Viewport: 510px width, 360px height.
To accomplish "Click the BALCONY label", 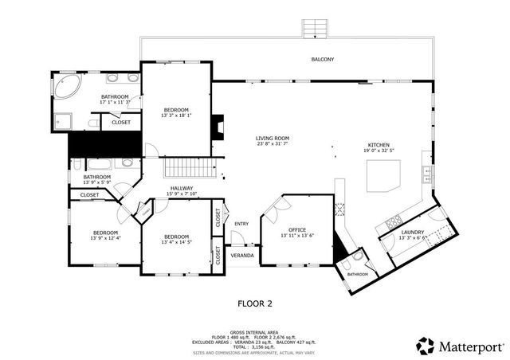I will [323, 60].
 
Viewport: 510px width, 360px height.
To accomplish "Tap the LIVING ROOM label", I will [272, 138].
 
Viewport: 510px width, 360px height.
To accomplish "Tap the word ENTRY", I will [241, 223].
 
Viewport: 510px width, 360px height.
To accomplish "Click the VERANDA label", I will [242, 256].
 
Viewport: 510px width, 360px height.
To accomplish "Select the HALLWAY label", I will [182, 188].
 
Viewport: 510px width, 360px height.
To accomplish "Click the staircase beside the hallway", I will [190, 169].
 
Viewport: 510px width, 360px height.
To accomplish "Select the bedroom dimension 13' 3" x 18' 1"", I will [176, 115].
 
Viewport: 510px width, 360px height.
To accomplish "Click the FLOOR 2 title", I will [255, 303].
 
